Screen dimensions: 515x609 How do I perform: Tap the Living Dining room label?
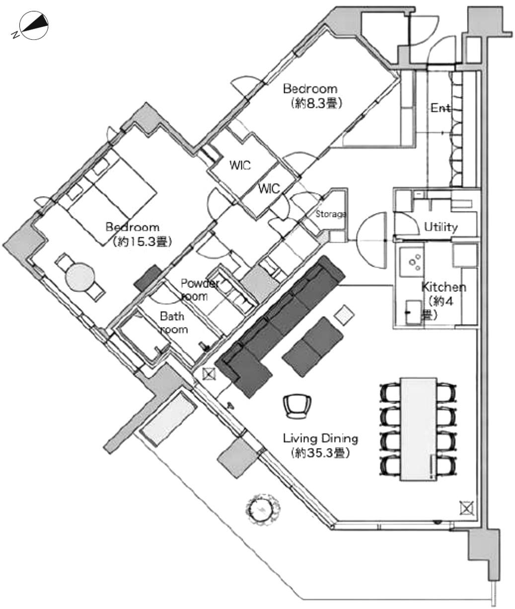click(320, 439)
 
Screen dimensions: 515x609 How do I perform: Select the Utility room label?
click(441, 227)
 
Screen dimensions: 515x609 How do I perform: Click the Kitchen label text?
click(444, 287)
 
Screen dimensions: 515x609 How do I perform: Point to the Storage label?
click(331, 214)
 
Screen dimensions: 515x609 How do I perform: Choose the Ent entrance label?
click(441, 108)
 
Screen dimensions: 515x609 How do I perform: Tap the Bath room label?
click(173, 323)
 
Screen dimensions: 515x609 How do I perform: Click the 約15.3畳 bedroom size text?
click(142, 242)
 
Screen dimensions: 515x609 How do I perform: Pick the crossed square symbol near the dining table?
click(467, 508)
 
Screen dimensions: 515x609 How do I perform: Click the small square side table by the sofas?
click(344, 315)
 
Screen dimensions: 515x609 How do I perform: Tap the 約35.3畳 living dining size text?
click(321, 453)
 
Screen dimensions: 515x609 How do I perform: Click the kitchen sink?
click(414, 312)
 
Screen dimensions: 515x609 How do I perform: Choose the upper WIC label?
click(240, 165)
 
